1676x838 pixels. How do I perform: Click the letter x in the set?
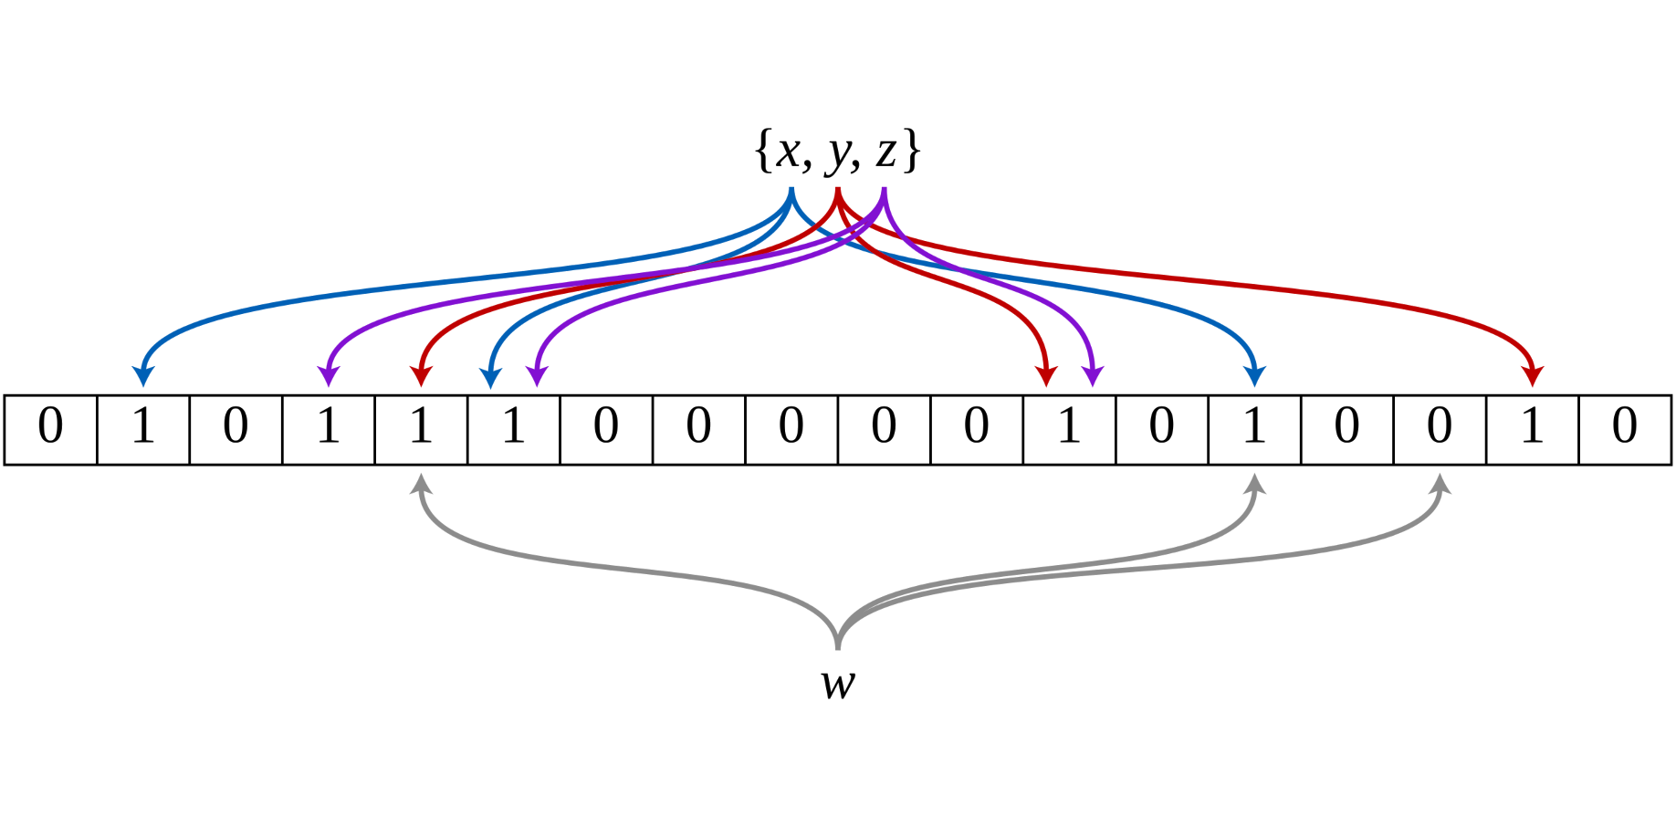click(788, 152)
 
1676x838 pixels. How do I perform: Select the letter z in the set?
click(885, 152)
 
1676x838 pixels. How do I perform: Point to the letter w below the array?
click(838, 684)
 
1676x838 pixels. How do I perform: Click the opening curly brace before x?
click(763, 152)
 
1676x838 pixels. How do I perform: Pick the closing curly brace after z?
click(911, 152)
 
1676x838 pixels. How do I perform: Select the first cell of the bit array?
click(51, 429)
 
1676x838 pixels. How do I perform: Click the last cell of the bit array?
click(1625, 429)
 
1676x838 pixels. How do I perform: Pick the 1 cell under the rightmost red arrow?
click(1533, 429)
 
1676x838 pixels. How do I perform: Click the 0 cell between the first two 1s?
click(236, 429)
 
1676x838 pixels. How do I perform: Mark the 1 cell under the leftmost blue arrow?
click(143, 429)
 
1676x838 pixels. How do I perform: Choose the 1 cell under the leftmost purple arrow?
click(329, 429)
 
